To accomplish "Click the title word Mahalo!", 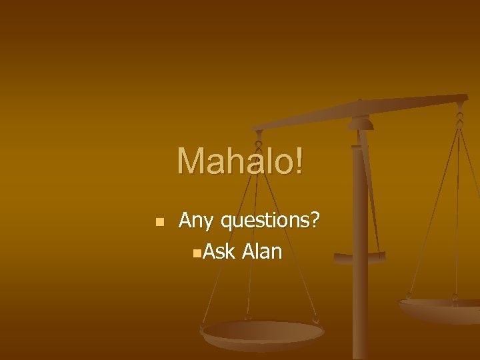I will [x=240, y=162].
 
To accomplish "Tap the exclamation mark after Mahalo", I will [x=297, y=162].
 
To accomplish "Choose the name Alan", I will [x=262, y=252].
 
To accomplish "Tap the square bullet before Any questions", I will [x=159, y=221].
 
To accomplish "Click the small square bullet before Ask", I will [x=195, y=253].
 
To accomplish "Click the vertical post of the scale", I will [x=360, y=267].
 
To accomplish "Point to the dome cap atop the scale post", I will [x=361, y=123].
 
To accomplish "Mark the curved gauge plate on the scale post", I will [x=360, y=256].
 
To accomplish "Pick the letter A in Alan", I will [x=249, y=252].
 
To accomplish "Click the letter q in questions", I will [x=229, y=222].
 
